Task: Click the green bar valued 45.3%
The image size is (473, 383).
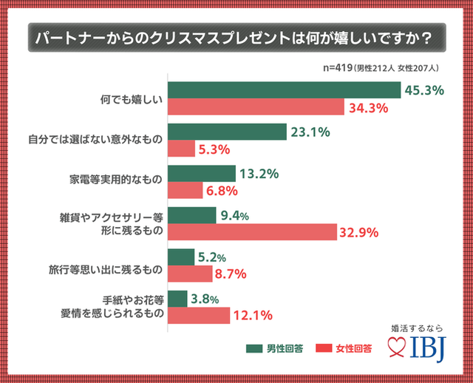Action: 285,90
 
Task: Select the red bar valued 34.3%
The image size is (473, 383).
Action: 256,108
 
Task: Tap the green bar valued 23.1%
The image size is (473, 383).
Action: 227,132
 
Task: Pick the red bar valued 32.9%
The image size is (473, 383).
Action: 252,231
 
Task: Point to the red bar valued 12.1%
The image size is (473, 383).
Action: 199,315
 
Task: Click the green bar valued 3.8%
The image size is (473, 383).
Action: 177,299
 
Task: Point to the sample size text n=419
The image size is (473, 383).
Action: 337,68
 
